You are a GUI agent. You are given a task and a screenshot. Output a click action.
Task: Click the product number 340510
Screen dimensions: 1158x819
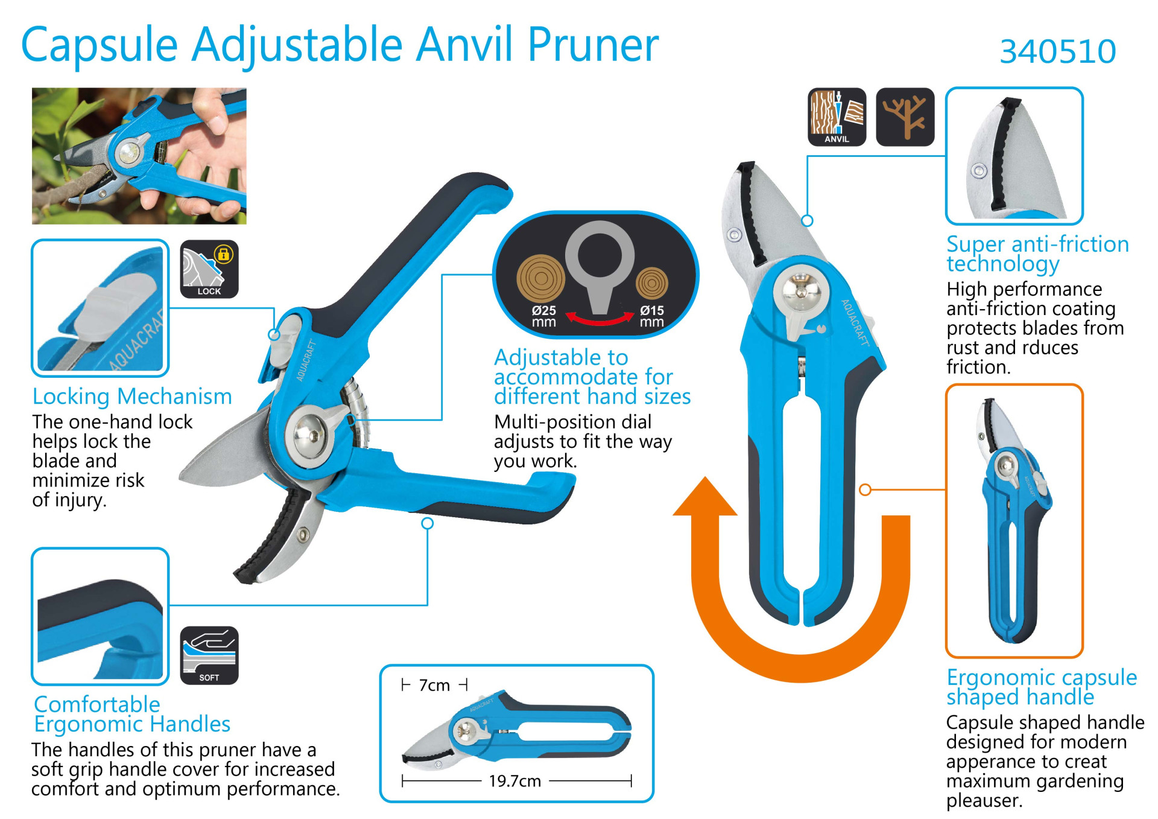click(1058, 51)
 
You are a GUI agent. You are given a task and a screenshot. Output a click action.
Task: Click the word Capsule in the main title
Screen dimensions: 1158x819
click(100, 45)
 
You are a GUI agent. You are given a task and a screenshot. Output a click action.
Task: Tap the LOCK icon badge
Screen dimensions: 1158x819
click(209, 269)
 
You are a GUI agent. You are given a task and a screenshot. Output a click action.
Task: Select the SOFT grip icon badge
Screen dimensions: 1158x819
click(209, 655)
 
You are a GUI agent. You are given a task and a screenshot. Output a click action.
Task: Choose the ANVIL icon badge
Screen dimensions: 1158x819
click(837, 117)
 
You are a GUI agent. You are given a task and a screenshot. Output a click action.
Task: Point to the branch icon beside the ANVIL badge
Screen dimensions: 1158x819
click(905, 117)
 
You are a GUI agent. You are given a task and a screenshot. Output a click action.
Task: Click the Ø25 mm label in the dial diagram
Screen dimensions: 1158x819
click(543, 316)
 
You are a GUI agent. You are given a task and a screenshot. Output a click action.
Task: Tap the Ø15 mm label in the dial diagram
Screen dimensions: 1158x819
click(651, 316)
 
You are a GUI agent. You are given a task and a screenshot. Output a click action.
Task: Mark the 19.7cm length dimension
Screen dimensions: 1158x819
click(515, 781)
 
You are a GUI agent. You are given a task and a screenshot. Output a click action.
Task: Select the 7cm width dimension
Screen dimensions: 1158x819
click(434, 685)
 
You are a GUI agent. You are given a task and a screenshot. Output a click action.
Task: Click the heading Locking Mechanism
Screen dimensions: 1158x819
click(132, 397)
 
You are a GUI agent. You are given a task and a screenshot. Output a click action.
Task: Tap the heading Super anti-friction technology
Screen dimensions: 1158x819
click(1037, 254)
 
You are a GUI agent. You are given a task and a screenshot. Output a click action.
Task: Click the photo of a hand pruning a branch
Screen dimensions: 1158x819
click(139, 156)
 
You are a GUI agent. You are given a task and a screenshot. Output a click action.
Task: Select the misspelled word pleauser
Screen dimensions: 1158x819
click(984, 800)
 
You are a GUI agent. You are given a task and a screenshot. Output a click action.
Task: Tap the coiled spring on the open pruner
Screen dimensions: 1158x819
click(357, 410)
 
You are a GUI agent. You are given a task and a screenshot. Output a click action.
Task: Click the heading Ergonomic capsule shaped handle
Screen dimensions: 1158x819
click(1042, 687)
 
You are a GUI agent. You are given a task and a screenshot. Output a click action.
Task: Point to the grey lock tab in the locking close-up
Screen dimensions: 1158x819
click(116, 305)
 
